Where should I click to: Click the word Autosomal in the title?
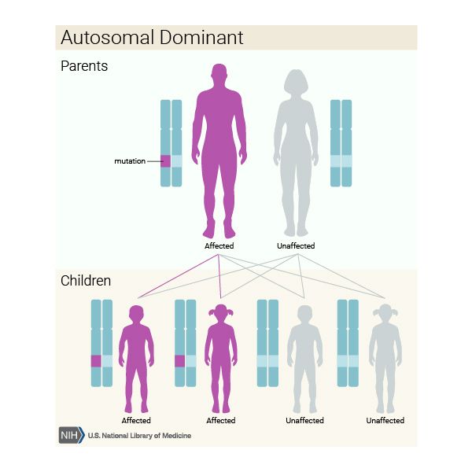pyautogui.click(x=103, y=37)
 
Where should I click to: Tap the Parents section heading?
pyautogui.click(x=84, y=66)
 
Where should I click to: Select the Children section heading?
pyautogui.click(x=86, y=280)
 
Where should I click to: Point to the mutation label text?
pyautogui.click(x=130, y=161)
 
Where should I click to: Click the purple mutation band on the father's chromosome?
pyautogui.click(x=165, y=160)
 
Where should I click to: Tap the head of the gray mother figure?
pyautogui.click(x=295, y=83)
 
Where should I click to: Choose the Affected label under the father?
pyautogui.click(x=219, y=246)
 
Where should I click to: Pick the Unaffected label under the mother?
pyautogui.click(x=296, y=246)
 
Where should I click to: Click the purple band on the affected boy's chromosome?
pyautogui.click(x=96, y=361)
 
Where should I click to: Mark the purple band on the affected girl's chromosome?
pyautogui.click(x=179, y=361)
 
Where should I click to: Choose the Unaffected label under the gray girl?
pyautogui.click(x=385, y=421)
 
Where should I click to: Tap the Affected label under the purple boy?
pyautogui.click(x=136, y=421)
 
